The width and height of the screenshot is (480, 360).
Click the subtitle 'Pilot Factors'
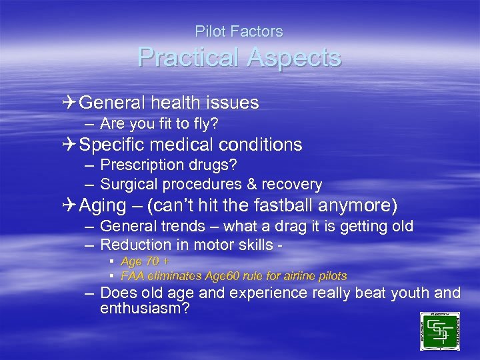[239, 31]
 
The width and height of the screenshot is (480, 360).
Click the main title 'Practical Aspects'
[239, 58]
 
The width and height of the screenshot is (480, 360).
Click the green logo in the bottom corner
[440, 331]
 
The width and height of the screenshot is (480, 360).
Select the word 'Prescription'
[139, 164]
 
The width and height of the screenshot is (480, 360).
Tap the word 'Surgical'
[127, 184]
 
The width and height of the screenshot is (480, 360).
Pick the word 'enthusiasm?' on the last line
[144, 308]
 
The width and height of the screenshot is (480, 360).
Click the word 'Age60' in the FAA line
[221, 276]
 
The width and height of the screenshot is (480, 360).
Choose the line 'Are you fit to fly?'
[159, 124]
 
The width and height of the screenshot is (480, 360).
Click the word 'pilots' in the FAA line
[330, 276]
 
